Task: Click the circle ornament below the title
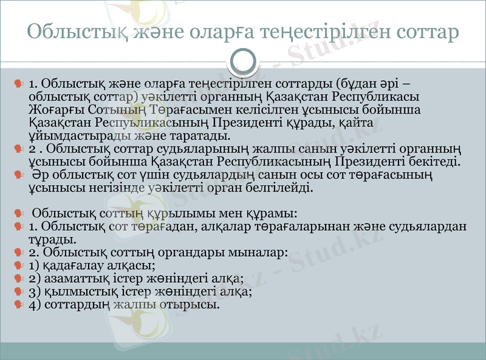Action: pyautogui.click(x=243, y=60)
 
